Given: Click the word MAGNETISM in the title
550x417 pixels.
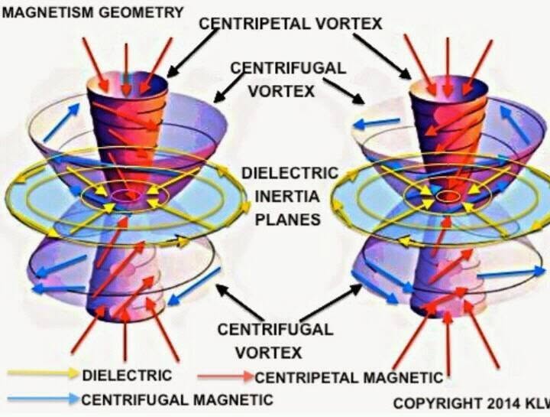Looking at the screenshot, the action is (47, 12).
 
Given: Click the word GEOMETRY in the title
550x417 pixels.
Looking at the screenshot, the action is (141, 12).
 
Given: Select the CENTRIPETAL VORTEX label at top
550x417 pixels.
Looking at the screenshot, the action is (290, 24).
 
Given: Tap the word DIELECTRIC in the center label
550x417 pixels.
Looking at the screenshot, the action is (290, 173).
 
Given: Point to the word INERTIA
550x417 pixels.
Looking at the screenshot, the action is (287, 196).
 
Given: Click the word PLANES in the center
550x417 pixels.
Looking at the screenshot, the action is (288, 220).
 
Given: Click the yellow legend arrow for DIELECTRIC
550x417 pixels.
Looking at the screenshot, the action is (43, 373).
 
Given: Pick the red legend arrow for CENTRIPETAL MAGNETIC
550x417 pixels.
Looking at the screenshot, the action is (225, 376).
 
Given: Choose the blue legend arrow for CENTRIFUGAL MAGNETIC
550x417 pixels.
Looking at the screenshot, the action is (44, 399).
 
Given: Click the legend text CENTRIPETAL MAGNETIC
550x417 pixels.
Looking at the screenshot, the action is (349, 378).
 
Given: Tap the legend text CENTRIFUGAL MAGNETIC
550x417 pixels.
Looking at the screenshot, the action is (177, 400).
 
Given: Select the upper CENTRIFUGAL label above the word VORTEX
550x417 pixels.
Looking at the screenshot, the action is (288, 68).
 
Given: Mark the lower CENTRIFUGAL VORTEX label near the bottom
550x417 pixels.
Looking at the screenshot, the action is (275, 340).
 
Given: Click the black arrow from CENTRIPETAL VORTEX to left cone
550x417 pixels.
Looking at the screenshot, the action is (192, 53).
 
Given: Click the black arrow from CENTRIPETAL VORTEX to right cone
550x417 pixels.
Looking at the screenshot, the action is (382, 56).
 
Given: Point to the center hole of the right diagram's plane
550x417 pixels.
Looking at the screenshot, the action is (448, 197).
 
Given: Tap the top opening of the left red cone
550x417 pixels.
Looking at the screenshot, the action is (128, 84).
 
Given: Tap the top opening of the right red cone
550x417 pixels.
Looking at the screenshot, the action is (449, 86).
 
